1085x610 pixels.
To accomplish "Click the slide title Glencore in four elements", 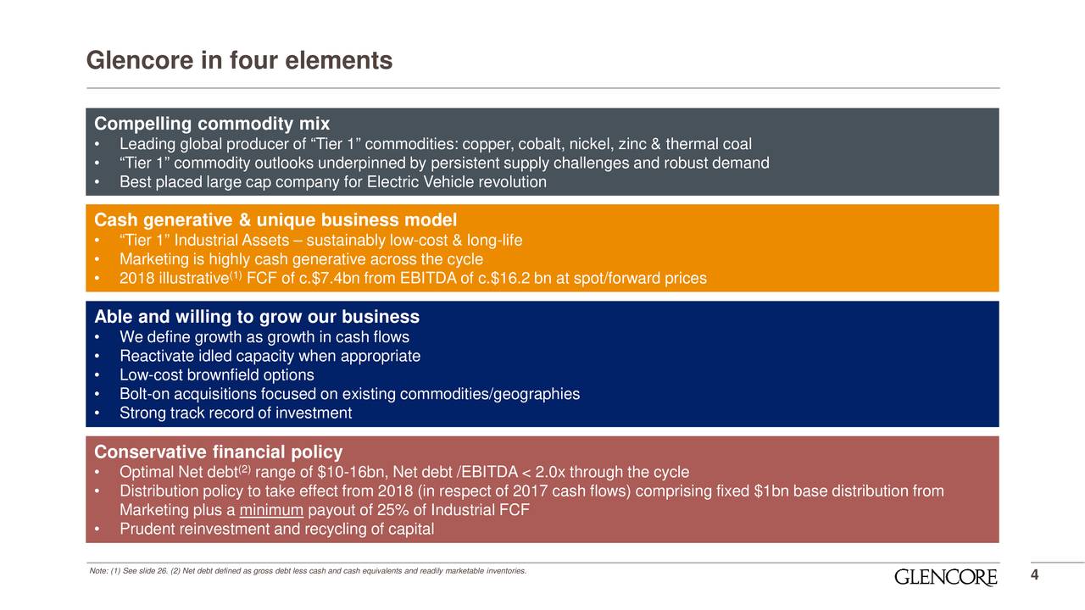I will pyautogui.click(x=239, y=62).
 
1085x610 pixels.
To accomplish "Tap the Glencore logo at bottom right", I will pyautogui.click(x=945, y=578).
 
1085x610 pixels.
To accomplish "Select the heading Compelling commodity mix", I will pyautogui.click(x=212, y=124).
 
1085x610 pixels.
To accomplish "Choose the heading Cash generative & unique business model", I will pyautogui.click(x=275, y=220).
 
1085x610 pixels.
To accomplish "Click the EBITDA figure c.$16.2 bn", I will pyautogui.click(x=513, y=279).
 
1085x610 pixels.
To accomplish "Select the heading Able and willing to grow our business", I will pyautogui.click(x=257, y=317).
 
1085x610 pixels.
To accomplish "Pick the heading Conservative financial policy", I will pyautogui.click(x=218, y=452).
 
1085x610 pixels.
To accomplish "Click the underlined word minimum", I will pyautogui.click(x=271, y=510).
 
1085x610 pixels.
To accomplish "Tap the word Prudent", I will pyautogui.click(x=147, y=530).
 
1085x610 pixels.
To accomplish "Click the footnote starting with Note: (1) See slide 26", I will pyautogui.click(x=307, y=571).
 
